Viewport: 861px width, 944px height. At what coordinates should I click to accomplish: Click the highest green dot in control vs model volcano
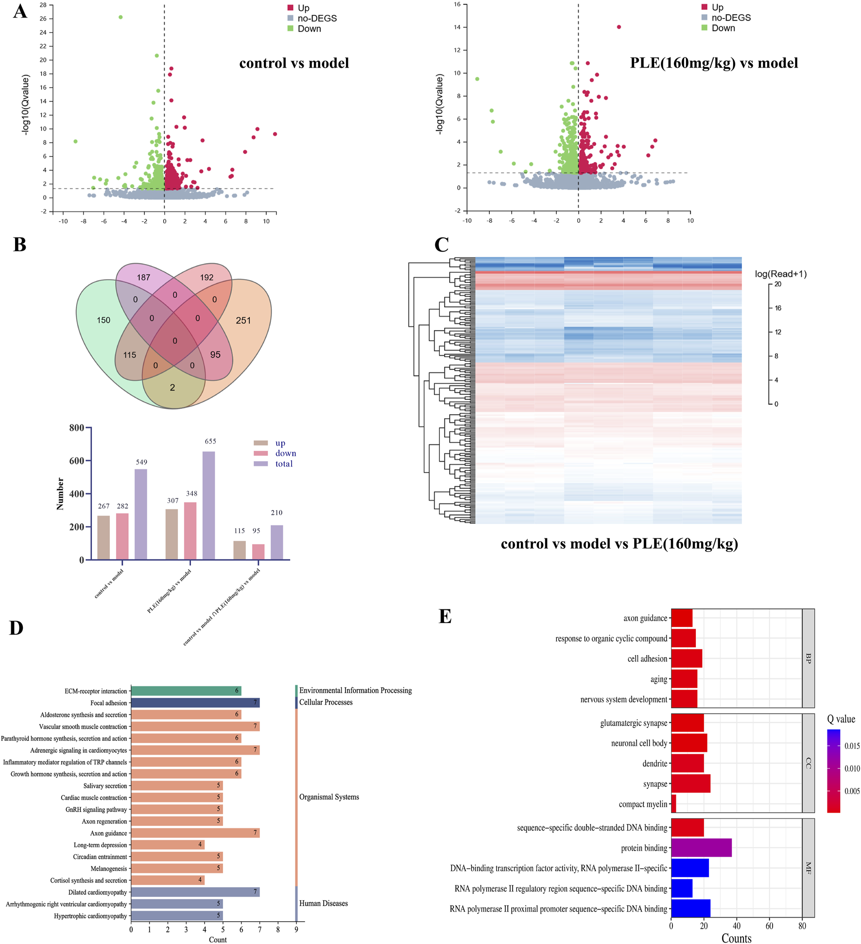[x=121, y=17]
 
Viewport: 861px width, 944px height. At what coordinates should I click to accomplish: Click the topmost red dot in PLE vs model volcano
[x=619, y=27]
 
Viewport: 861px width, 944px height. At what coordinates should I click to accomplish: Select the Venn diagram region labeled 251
[x=243, y=321]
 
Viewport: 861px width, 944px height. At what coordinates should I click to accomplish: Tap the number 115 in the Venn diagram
[x=130, y=355]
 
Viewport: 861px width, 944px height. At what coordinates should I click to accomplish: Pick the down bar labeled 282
[x=122, y=536]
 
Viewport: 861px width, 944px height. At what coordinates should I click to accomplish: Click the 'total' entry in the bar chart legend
[x=283, y=464]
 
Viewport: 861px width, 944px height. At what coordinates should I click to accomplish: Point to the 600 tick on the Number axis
[x=77, y=461]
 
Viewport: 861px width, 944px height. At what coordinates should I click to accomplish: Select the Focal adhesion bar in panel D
[x=195, y=703]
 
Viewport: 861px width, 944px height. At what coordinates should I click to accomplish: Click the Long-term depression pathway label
[x=100, y=845]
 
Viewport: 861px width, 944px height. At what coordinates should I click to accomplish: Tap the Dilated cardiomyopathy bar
[x=195, y=892]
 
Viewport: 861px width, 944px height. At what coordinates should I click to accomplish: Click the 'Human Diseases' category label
[x=323, y=903]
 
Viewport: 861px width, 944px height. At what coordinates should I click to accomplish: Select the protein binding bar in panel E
[x=701, y=848]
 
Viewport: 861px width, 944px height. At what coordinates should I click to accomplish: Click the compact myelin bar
[x=673, y=804]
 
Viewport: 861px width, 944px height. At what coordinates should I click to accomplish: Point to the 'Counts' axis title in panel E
[x=736, y=938]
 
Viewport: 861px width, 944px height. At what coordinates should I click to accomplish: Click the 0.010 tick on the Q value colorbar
[x=852, y=768]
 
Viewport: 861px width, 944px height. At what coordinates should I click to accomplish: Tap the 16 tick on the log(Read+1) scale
[x=778, y=308]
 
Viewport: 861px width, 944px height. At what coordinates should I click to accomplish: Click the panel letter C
[x=441, y=245]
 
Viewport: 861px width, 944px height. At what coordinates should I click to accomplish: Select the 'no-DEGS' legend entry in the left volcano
[x=317, y=18]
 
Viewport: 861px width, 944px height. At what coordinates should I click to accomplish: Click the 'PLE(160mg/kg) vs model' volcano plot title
[x=714, y=63]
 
